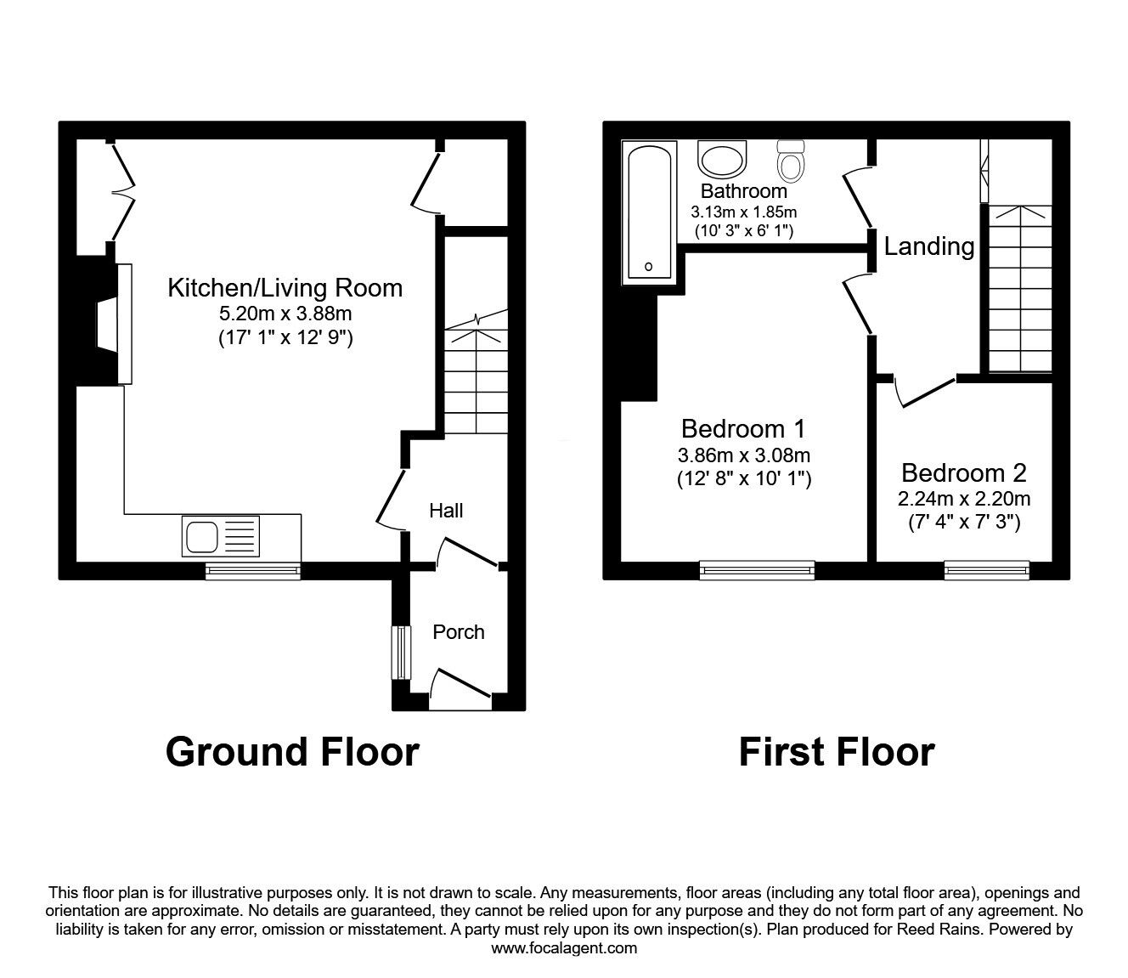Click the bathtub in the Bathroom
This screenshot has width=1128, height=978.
[650, 212]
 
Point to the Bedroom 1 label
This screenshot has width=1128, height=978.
[743, 428]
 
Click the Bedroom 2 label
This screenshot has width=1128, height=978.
[964, 472]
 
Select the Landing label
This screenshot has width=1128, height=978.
[929, 246]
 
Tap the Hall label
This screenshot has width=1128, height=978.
[446, 511]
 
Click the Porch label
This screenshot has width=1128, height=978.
[459, 632]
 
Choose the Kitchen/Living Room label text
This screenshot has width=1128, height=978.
[285, 287]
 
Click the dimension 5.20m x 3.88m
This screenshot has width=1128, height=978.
[285, 314]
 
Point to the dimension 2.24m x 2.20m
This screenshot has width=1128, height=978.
[964, 498]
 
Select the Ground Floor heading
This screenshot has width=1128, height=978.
[292, 752]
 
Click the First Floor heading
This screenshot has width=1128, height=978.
[837, 752]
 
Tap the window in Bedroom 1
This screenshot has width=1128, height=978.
[757, 570]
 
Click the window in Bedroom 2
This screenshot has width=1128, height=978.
[987, 570]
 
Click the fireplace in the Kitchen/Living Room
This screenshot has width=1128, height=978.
[110, 323]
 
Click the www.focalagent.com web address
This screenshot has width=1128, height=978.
[564, 948]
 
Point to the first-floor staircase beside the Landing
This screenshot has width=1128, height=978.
[1018, 289]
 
